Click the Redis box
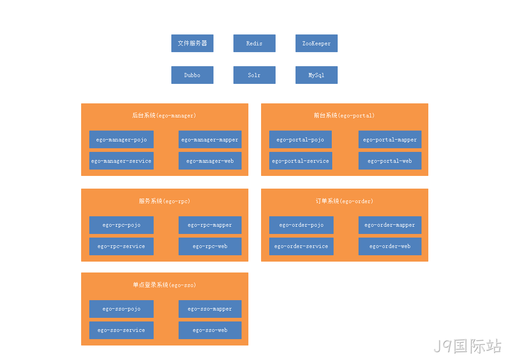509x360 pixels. [254, 43]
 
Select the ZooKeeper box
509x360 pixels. [316, 43]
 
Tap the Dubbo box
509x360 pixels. [192, 75]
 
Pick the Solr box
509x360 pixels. [254, 75]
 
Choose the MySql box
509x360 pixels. [316, 75]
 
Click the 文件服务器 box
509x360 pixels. [192, 43]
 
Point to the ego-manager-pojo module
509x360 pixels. [121, 139]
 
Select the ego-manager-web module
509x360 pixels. [210, 161]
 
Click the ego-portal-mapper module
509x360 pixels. [390, 139]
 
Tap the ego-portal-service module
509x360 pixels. [301, 161]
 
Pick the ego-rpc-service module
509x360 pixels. [121, 246]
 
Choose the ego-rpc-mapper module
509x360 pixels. [210, 225]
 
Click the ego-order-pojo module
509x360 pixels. [301, 225]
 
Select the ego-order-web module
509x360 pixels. [390, 246]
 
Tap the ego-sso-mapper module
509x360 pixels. [210, 309]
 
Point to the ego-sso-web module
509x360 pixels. [210, 330]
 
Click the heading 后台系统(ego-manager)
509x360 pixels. [164, 115]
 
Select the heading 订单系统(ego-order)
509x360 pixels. [344, 201]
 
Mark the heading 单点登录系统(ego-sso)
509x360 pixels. [164, 285]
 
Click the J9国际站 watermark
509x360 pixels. [467, 345]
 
